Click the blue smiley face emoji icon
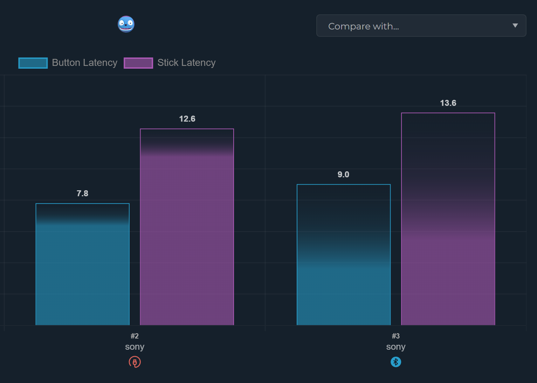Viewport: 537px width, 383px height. click(x=126, y=24)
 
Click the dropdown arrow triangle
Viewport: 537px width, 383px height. click(x=515, y=26)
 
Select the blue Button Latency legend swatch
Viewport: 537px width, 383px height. click(x=33, y=63)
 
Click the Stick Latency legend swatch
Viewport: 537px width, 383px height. click(x=138, y=63)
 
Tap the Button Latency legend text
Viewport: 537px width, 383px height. click(x=85, y=63)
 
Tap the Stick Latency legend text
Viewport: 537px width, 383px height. click(x=186, y=63)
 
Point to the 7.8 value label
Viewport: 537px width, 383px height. click(x=83, y=193)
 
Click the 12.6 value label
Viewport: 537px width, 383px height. click(x=187, y=119)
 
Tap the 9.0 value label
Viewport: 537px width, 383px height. click(x=343, y=175)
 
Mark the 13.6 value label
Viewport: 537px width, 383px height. click(x=448, y=103)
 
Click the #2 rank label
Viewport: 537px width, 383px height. click(x=135, y=336)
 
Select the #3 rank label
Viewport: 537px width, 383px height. click(x=395, y=336)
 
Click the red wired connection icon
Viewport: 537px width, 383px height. click(x=135, y=362)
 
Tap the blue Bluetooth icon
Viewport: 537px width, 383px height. click(x=395, y=362)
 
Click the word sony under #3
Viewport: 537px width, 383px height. click(x=395, y=347)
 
